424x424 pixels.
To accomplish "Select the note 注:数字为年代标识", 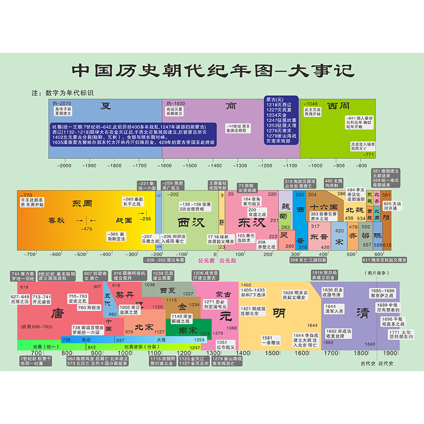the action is pos(63,93).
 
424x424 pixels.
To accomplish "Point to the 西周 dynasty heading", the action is pos(339,105).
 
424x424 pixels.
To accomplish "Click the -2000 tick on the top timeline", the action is pos(64,166).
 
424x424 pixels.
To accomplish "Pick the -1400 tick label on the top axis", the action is pos(215,166).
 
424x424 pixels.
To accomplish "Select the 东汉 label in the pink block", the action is pos(250,222).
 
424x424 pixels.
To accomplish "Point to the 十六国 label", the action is pos(324,207).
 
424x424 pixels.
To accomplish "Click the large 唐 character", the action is pos(57,313).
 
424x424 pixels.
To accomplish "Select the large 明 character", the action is pos(279,313).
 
